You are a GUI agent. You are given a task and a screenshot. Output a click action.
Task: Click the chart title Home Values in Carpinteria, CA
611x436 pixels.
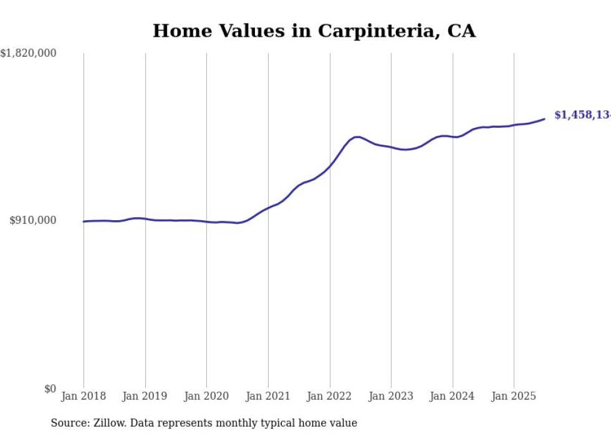pyautogui.click(x=314, y=31)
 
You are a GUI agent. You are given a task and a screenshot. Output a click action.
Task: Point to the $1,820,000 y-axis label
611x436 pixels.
pyautogui.click(x=28, y=54)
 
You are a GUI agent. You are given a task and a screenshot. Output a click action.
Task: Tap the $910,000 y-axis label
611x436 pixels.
pyautogui.click(x=32, y=220)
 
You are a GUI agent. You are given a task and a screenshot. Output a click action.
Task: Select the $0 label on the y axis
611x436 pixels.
pyautogui.click(x=50, y=389)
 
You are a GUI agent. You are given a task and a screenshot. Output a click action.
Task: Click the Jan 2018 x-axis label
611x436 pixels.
pyautogui.click(x=84, y=396)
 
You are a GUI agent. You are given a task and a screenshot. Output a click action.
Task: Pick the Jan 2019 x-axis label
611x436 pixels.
pyautogui.click(x=145, y=396)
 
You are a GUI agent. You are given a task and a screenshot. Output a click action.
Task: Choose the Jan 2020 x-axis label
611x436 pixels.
pyautogui.click(x=206, y=396)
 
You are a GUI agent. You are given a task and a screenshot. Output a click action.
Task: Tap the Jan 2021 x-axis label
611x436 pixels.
pyautogui.click(x=268, y=396)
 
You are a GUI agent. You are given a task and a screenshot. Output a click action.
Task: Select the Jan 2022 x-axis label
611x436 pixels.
pyautogui.click(x=329, y=396)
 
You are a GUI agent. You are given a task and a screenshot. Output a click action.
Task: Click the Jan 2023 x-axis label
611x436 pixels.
pyautogui.click(x=391, y=396)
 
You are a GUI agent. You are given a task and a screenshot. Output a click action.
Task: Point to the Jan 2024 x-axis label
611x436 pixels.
pyautogui.click(x=452, y=396)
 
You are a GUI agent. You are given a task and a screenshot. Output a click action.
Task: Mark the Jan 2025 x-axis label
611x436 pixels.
pyautogui.click(x=514, y=396)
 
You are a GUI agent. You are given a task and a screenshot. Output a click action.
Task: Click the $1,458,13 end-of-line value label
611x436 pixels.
pyautogui.click(x=582, y=115)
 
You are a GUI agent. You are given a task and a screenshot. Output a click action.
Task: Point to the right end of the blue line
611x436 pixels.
pyautogui.click(x=544, y=119)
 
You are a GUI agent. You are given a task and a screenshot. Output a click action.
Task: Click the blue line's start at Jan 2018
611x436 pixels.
pyautogui.click(x=84, y=221)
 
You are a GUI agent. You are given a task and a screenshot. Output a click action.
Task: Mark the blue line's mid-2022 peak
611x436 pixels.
pyautogui.click(x=357, y=137)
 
